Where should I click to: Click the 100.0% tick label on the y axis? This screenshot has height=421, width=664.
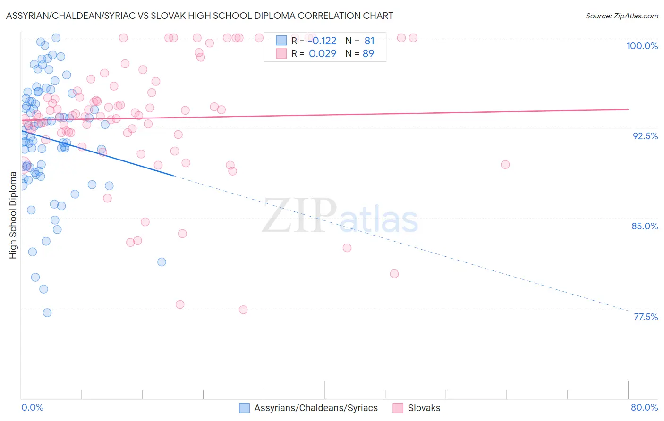click(x=642, y=46)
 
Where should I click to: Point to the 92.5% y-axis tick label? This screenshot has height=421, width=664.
click(x=645, y=136)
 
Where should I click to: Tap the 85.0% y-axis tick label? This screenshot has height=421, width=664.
click(x=645, y=226)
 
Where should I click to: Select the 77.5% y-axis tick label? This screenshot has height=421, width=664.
click(x=645, y=317)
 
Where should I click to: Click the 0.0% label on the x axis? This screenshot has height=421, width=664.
click(x=32, y=407)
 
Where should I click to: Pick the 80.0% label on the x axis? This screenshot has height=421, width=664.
click(x=644, y=407)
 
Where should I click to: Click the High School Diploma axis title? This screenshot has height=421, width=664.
click(x=13, y=215)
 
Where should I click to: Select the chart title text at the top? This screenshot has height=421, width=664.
click(x=199, y=16)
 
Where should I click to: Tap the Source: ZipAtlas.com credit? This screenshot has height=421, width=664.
click(x=621, y=16)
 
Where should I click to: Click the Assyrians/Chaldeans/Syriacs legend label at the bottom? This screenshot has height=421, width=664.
click(x=316, y=408)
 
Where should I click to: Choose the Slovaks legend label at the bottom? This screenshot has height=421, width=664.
click(x=424, y=408)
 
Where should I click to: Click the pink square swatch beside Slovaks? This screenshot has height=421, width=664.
click(x=398, y=408)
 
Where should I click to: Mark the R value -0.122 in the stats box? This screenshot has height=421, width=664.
click(x=322, y=41)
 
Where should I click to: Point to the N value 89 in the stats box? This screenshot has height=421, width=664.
click(x=368, y=53)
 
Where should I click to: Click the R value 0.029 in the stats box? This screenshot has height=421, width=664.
click(x=323, y=53)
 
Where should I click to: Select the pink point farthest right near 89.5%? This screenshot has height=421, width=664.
click(x=505, y=165)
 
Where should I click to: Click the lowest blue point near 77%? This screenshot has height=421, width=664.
click(x=47, y=312)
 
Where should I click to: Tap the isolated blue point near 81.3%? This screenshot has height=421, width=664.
click(x=162, y=262)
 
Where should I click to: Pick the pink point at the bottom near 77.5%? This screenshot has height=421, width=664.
click(x=243, y=310)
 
